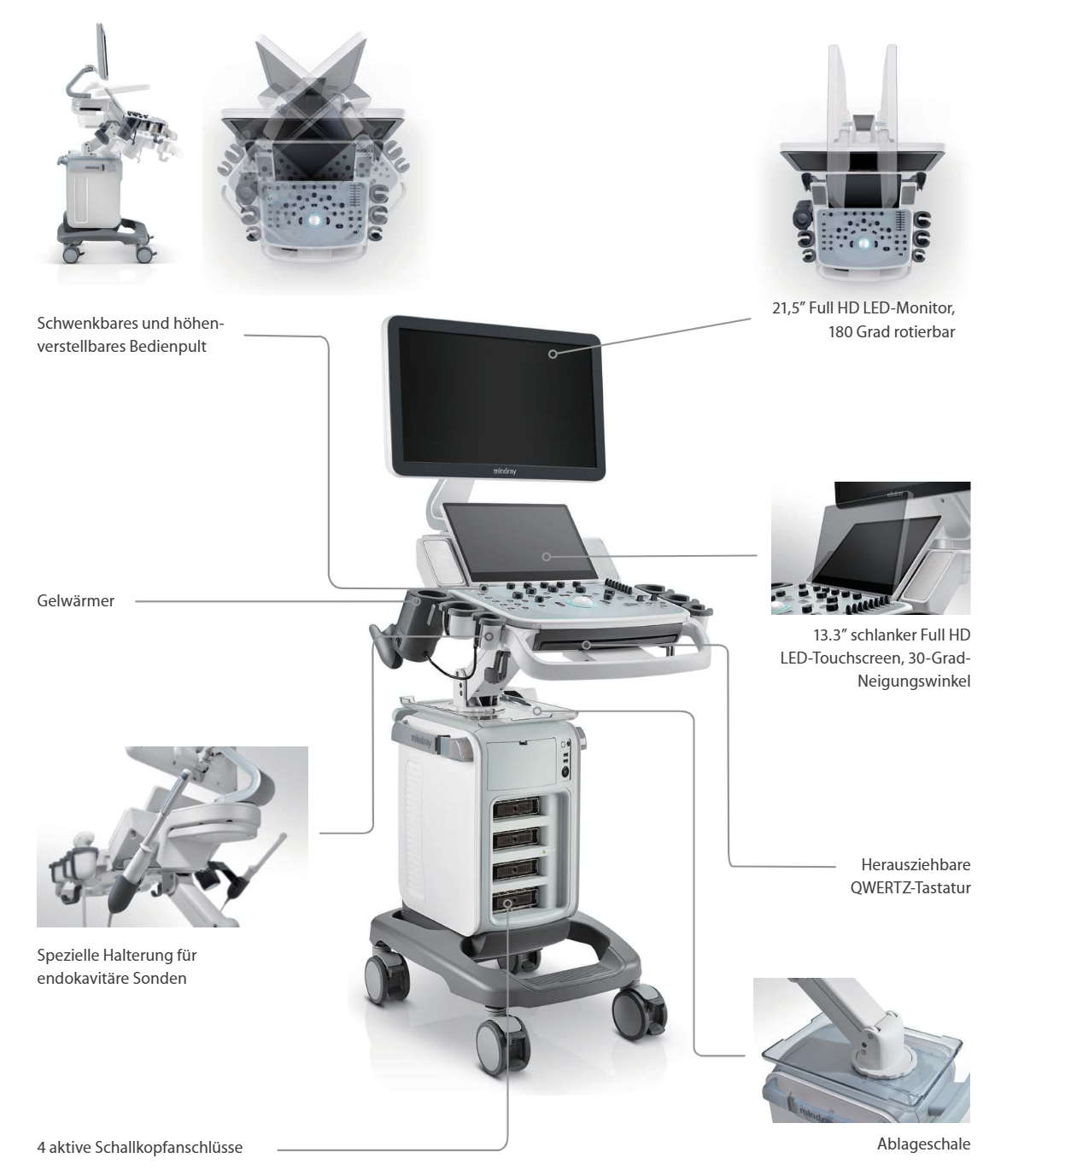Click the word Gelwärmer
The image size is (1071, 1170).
click(75, 601)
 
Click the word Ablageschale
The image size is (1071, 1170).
click(923, 1144)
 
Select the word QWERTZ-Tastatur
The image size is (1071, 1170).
click(910, 887)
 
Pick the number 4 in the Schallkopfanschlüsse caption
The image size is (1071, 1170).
click(42, 1147)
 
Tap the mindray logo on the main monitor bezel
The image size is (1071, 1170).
click(510, 470)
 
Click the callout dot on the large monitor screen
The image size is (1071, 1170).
click(553, 353)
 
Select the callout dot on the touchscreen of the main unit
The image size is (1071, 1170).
click(546, 557)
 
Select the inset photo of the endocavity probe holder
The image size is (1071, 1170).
click(172, 836)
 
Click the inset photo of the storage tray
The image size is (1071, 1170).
click(861, 1050)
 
